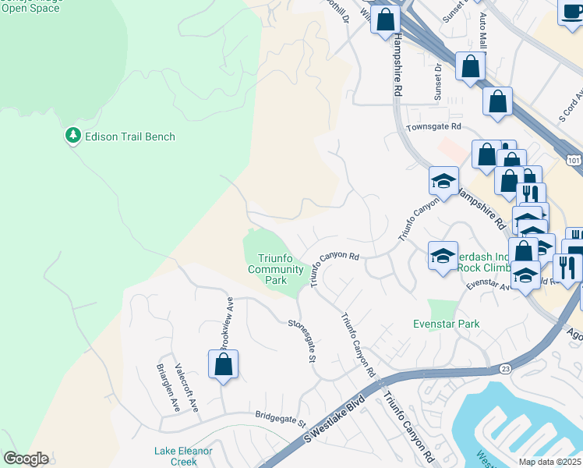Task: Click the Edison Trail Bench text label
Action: pos(130,136)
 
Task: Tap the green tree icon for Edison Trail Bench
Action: pos(73,136)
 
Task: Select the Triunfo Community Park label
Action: pos(275,270)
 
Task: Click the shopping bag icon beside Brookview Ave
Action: pos(223,364)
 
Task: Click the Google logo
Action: pos(26,459)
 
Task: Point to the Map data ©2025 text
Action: pos(549,462)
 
